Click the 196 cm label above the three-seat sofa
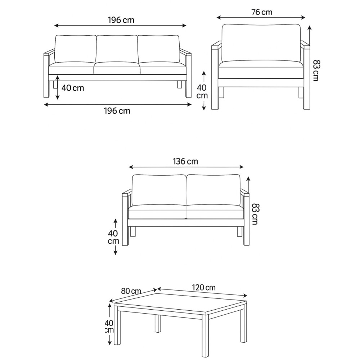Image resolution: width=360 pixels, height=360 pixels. pyautogui.click(x=121, y=20)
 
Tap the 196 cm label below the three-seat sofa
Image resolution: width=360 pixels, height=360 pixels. pyautogui.click(x=117, y=111)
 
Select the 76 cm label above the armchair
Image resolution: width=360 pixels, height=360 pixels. pyautogui.click(x=262, y=12)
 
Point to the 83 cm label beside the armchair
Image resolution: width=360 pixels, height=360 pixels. pyautogui.click(x=316, y=70)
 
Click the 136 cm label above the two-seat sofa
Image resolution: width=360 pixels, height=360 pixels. pyautogui.click(x=185, y=161)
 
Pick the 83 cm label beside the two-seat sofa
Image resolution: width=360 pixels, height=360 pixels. pyautogui.click(x=255, y=214)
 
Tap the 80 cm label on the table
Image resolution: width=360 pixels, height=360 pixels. pyautogui.click(x=131, y=291)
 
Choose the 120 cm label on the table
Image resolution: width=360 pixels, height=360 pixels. pyautogui.click(x=204, y=287)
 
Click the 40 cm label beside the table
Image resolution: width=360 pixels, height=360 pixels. pyautogui.click(x=109, y=327)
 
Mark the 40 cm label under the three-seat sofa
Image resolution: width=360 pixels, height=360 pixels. pyautogui.click(x=73, y=88)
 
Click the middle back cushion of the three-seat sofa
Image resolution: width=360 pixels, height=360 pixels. pyautogui.click(x=117, y=49)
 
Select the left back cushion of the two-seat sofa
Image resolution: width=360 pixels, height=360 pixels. pyautogui.click(x=159, y=190)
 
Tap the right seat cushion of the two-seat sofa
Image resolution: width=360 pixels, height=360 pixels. pyautogui.click(x=215, y=212)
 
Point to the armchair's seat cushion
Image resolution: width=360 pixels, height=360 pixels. pyautogui.click(x=261, y=69)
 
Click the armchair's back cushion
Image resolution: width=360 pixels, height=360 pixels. pyautogui.click(x=261, y=43)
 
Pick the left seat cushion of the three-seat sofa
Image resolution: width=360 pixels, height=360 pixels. pyautogui.click(x=72, y=68)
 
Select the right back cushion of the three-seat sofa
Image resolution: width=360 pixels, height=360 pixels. pyautogui.click(x=159, y=49)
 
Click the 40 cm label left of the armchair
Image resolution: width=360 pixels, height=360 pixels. pyautogui.click(x=202, y=91)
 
